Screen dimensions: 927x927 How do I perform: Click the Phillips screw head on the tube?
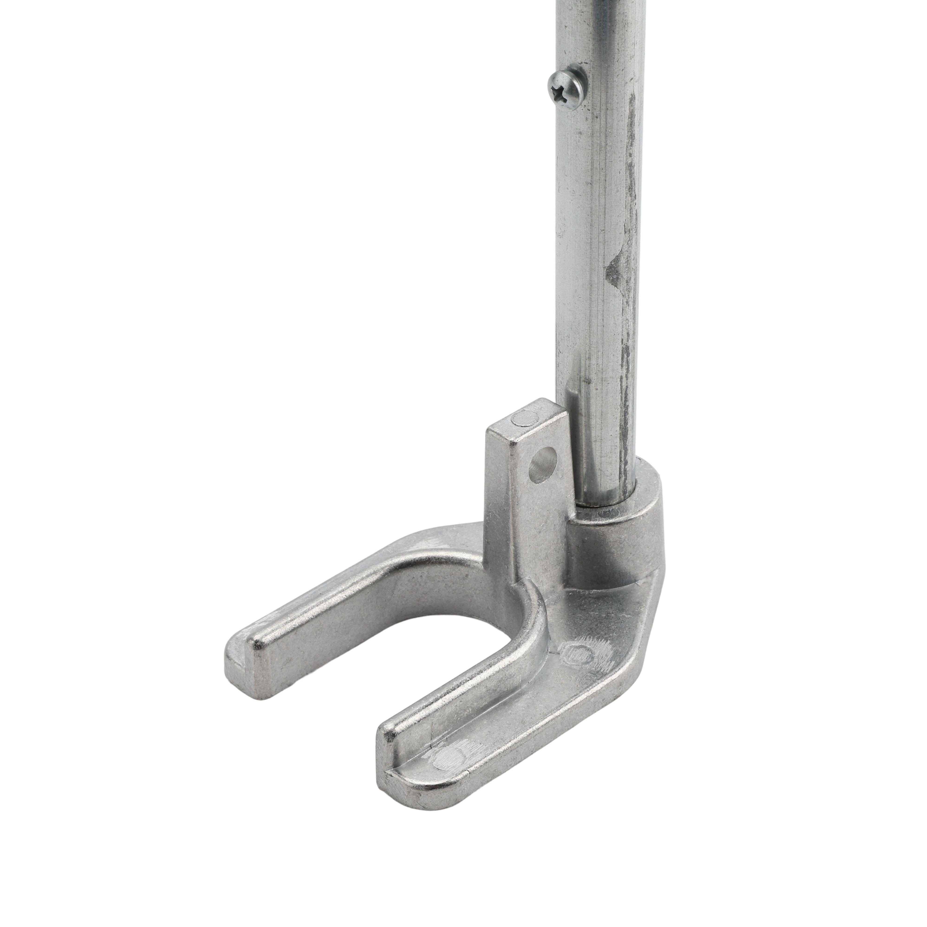(568, 90)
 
